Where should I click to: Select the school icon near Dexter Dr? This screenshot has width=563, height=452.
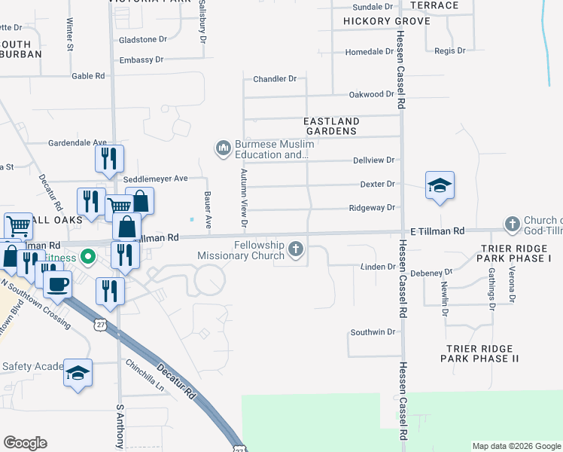440,185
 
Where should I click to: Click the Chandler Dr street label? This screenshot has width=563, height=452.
275,78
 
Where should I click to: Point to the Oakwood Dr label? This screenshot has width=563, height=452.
372,94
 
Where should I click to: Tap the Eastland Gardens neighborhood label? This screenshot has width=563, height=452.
331,126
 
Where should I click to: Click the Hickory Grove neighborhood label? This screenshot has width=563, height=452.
386,21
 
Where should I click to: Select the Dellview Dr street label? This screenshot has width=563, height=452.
374,160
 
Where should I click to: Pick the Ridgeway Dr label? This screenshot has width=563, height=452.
373,208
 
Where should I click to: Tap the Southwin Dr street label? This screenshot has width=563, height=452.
373,331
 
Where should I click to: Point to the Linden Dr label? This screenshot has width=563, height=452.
378,267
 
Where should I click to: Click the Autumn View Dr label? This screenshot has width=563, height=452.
244,198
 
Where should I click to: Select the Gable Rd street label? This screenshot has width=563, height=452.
88,76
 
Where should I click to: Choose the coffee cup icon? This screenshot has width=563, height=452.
58,285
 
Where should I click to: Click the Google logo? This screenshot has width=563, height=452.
25,443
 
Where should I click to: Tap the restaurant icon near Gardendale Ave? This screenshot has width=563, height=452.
108,158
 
